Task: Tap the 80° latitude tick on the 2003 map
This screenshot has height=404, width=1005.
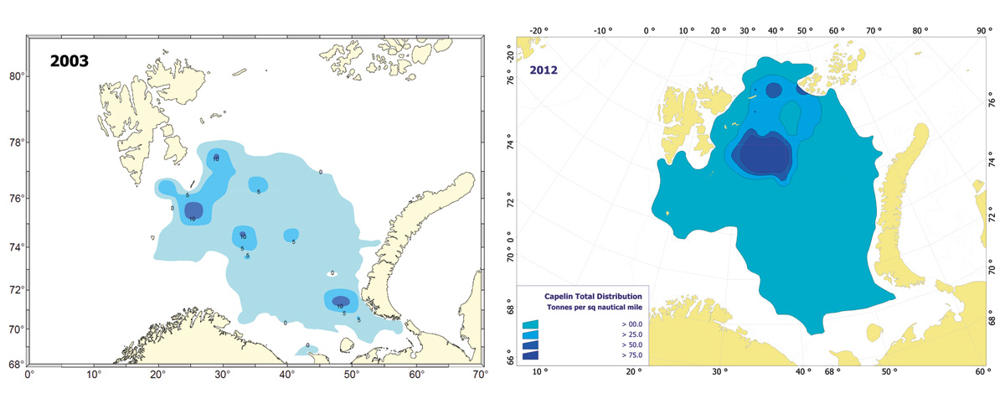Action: coord(16,76)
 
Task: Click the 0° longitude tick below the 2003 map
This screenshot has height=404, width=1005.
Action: coord(28,375)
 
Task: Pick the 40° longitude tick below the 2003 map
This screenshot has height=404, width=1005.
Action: coord(286,375)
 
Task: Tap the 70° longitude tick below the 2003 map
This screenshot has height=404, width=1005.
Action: coord(479,375)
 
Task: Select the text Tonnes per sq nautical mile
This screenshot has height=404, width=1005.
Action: coord(595,308)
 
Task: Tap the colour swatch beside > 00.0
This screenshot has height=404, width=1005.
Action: coord(530,324)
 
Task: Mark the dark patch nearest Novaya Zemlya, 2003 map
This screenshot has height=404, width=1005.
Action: coord(340,301)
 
